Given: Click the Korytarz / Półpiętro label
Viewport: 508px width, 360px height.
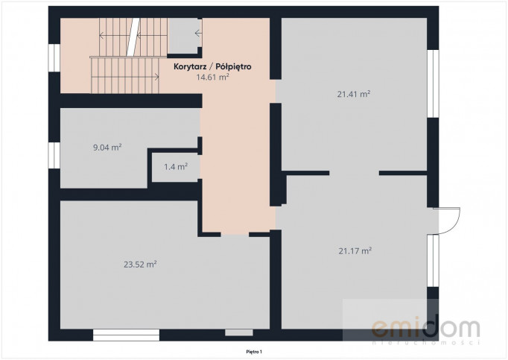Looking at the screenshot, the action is pos(212,67).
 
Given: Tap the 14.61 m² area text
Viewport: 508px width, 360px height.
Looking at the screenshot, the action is pos(212,77).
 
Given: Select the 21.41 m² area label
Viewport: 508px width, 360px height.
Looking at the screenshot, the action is pos(354,94).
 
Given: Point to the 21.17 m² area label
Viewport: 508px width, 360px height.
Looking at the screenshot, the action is pos(355,250).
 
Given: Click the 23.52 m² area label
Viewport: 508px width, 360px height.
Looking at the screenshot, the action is pos(140,265).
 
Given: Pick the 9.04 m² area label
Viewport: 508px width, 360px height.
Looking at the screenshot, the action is pos(107,148).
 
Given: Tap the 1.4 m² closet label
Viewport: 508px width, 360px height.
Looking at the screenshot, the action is pos(176,167).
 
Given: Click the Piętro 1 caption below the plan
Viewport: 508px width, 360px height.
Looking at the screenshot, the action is pos(254,352).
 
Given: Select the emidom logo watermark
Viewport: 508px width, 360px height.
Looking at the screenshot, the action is pos(426,329).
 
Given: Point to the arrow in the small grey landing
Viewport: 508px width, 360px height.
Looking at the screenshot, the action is pos(198,33).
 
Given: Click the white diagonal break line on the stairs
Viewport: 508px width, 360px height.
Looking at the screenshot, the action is pos(133,37).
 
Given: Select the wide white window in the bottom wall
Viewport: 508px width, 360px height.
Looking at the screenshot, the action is pos(126,335).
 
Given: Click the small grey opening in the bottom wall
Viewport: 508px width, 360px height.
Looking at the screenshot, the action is pos(239,332).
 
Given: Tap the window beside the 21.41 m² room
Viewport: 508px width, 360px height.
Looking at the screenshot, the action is pos(433,83).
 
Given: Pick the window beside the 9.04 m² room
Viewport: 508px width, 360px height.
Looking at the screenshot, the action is pos(54,155).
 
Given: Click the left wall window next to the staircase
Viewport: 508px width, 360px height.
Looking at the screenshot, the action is pos(54,57).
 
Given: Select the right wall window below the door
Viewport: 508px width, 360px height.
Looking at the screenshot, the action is pos(433,261).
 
